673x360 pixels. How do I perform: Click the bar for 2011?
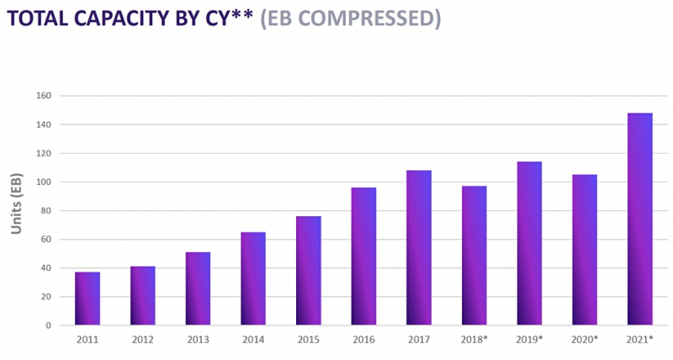pos(87,299)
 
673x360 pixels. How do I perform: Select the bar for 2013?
pos(198,289)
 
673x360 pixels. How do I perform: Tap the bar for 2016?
pos(363,257)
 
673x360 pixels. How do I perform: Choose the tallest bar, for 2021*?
pos(640,219)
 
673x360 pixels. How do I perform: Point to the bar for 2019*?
pos(529,244)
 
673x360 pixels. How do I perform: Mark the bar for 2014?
pos(253,278)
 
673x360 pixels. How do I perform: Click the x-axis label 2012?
pos(142,340)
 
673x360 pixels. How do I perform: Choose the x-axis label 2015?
pos(308,340)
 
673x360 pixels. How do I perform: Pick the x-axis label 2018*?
pos(474,340)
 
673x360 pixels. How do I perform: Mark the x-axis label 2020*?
pos(585,340)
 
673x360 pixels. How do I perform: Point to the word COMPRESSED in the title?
pos(370,19)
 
